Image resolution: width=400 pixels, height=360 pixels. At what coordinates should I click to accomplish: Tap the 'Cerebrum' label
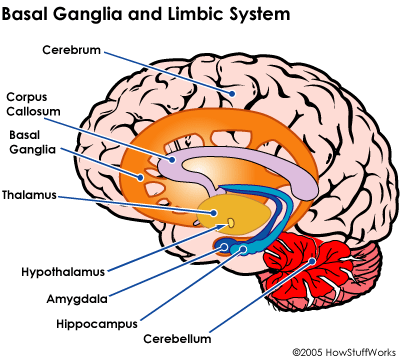pyautogui.click(x=72, y=49)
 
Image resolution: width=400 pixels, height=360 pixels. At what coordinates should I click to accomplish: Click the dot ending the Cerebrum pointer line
pyautogui.click(x=232, y=92)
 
